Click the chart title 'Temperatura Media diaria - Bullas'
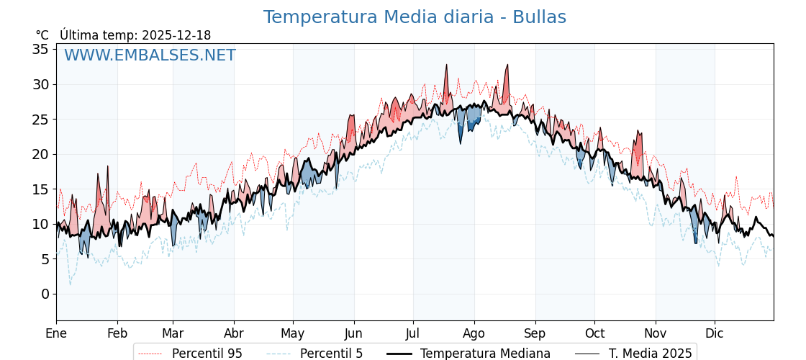(x=415, y=17)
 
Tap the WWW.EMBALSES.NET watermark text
(x=150, y=55)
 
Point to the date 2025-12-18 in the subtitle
(x=176, y=35)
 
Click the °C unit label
(x=42, y=35)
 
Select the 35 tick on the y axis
(x=40, y=50)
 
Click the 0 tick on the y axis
(x=45, y=294)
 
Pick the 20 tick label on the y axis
(x=40, y=154)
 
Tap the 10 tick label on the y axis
(x=40, y=224)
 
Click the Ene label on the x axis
(x=56, y=333)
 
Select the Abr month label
(x=234, y=333)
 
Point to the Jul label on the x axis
(x=413, y=333)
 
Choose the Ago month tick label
(x=474, y=333)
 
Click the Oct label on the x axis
(x=594, y=333)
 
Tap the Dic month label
(x=715, y=333)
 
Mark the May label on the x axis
(x=293, y=333)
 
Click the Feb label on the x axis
(x=117, y=333)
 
